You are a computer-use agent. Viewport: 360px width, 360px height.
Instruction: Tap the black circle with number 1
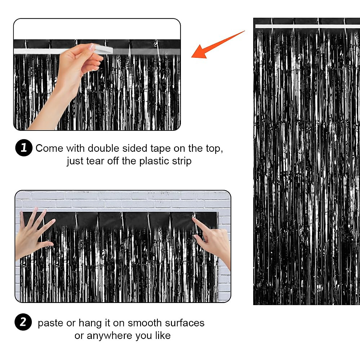(x=24, y=148)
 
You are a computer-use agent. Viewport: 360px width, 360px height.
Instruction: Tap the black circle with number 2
(x=23, y=322)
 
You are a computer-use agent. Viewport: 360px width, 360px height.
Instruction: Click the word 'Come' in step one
(x=49, y=148)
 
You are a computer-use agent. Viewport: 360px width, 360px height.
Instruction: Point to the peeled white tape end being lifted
(x=103, y=49)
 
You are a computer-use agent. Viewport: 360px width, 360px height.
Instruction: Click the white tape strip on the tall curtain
(x=306, y=26)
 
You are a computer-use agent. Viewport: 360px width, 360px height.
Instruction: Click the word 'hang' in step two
(x=90, y=323)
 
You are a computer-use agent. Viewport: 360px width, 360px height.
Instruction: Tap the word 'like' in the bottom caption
(x=163, y=335)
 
